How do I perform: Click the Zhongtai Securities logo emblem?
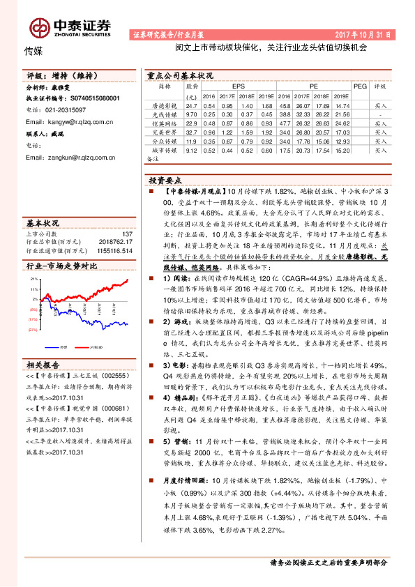(40, 26)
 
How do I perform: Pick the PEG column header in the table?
(360, 86)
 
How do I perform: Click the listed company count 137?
(127, 234)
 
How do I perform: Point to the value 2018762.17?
(116, 242)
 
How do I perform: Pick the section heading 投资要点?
(165, 180)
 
